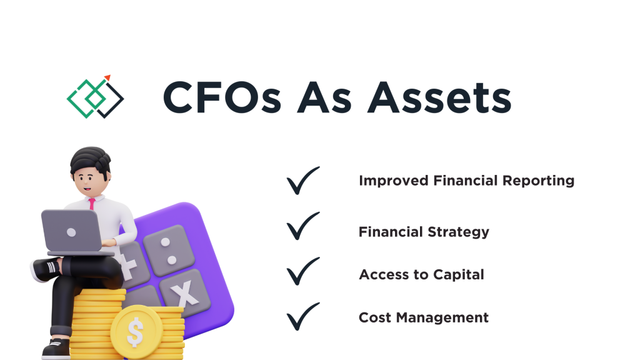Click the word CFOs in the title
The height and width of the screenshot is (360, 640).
pyautogui.click(x=222, y=97)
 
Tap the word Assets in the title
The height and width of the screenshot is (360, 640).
pyautogui.click(x=439, y=97)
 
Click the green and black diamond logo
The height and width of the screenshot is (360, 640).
pyautogui.click(x=96, y=97)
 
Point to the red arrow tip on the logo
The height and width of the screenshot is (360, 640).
pyautogui.click(x=107, y=77)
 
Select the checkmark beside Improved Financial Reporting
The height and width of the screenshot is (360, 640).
pyautogui.click(x=303, y=181)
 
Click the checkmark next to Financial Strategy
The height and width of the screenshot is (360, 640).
pyautogui.click(x=303, y=226)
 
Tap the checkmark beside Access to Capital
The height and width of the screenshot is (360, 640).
pyautogui.click(x=303, y=271)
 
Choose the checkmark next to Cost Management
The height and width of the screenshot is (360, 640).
pyautogui.click(x=303, y=316)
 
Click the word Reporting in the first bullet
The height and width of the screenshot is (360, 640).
pyautogui.click(x=538, y=181)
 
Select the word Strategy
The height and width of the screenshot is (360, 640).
pyautogui.click(x=458, y=232)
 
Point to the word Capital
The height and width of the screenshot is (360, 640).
pyautogui.click(x=459, y=275)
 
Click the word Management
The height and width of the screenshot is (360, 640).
pyautogui.click(x=442, y=317)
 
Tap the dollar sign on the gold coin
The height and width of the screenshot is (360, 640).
pyautogui.click(x=135, y=331)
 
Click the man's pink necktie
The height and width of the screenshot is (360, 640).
pyautogui.click(x=92, y=204)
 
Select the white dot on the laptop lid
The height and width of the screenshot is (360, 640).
pyautogui.click(x=71, y=232)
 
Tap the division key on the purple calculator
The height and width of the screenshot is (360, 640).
pyautogui.click(x=167, y=250)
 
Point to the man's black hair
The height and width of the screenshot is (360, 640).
pyautogui.click(x=90, y=160)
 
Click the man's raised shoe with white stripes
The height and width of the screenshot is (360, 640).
pyautogui.click(x=46, y=269)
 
